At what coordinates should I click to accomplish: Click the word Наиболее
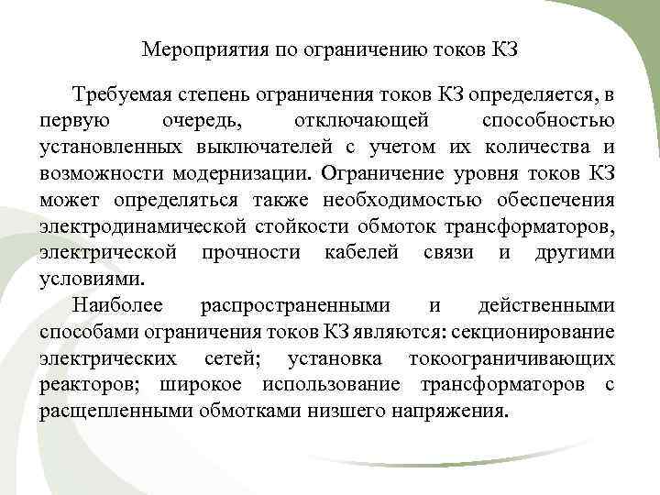click(x=113, y=304)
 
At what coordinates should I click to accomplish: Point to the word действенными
click(x=546, y=304)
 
